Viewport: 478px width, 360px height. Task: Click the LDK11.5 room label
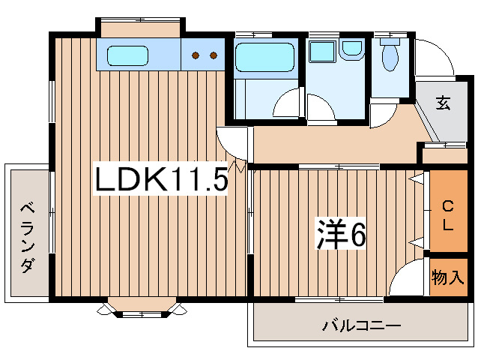click(x=160, y=181)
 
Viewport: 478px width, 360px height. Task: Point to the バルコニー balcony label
click(x=362, y=325)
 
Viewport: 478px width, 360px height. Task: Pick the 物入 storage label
click(x=448, y=278)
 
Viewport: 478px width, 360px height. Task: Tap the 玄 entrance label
click(x=444, y=104)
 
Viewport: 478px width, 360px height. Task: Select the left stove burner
click(x=196, y=55)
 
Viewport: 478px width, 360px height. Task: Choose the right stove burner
click(x=214, y=55)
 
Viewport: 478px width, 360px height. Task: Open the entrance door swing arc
click(x=431, y=56)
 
